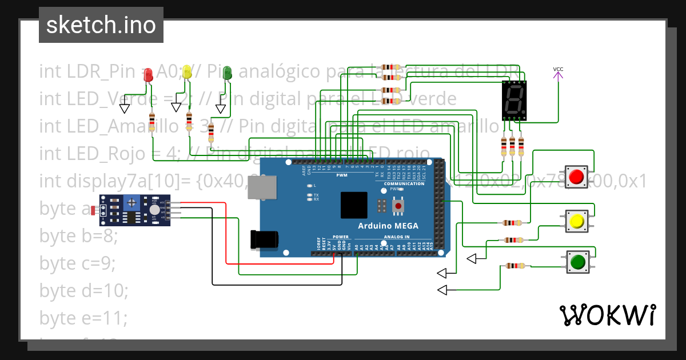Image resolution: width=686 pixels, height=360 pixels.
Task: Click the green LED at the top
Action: [227, 72]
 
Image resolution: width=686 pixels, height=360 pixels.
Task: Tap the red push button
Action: [577, 177]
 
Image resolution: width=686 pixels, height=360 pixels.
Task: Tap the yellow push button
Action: [577, 221]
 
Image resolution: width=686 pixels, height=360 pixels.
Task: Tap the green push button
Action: [577, 262]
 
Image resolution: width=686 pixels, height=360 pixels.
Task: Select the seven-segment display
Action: [514, 100]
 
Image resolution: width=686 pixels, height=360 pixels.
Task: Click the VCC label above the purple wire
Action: [558, 70]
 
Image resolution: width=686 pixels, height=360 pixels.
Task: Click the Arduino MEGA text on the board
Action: [388, 226]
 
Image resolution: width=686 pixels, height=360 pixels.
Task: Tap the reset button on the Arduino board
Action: [397, 205]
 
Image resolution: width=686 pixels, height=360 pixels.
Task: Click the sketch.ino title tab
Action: [101, 25]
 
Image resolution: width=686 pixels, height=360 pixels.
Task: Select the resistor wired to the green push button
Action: [516, 265]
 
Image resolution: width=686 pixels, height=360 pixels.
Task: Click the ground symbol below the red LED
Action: [124, 108]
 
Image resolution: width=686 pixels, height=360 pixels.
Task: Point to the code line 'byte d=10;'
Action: [83, 290]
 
